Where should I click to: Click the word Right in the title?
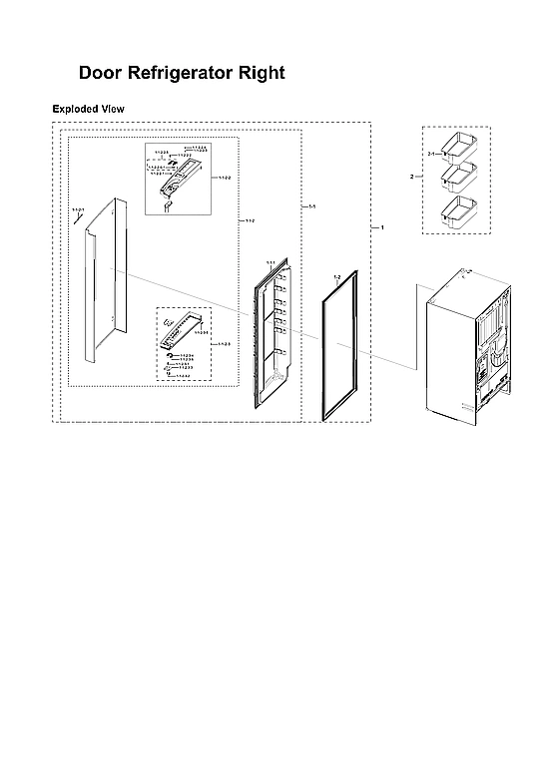[x=262, y=73]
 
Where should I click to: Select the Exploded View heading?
[x=88, y=108]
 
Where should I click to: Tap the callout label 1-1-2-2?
[x=222, y=178]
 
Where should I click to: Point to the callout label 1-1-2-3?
[x=224, y=343]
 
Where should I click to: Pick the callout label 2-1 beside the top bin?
[x=432, y=155]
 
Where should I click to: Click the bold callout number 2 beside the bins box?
[x=411, y=177]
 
